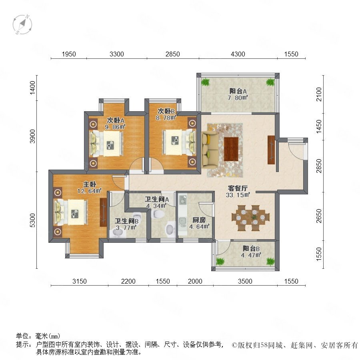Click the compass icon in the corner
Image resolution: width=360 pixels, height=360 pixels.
coord(22,24)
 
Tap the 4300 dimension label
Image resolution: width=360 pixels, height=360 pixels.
coord(238,54)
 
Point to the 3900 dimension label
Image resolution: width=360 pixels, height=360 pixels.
coord(33,136)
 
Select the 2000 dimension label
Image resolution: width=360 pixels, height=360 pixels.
coord(195,281)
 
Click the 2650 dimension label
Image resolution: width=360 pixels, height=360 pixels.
coord(319,216)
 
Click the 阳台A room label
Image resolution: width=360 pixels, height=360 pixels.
coord(238,91)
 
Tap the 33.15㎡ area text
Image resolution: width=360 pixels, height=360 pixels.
coord(238,195)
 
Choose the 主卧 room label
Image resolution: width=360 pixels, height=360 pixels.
coord(90,184)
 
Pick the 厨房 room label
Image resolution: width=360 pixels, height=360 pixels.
coord(199,220)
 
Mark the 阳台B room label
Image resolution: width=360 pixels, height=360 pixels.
coord(251,248)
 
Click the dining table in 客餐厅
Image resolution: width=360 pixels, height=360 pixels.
coord(250,218)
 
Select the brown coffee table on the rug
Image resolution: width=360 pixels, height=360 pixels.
coord(231,149)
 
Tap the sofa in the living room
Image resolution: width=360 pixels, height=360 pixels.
coord(210,148)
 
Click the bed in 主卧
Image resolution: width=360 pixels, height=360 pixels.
coord(71,212)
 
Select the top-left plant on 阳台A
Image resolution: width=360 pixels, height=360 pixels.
coord(206,82)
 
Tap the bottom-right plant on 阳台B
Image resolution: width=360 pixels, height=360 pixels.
coord(270,261)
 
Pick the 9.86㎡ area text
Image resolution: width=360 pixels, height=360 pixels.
coord(115,127)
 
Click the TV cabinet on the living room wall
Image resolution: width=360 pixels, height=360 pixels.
coord(271,150)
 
